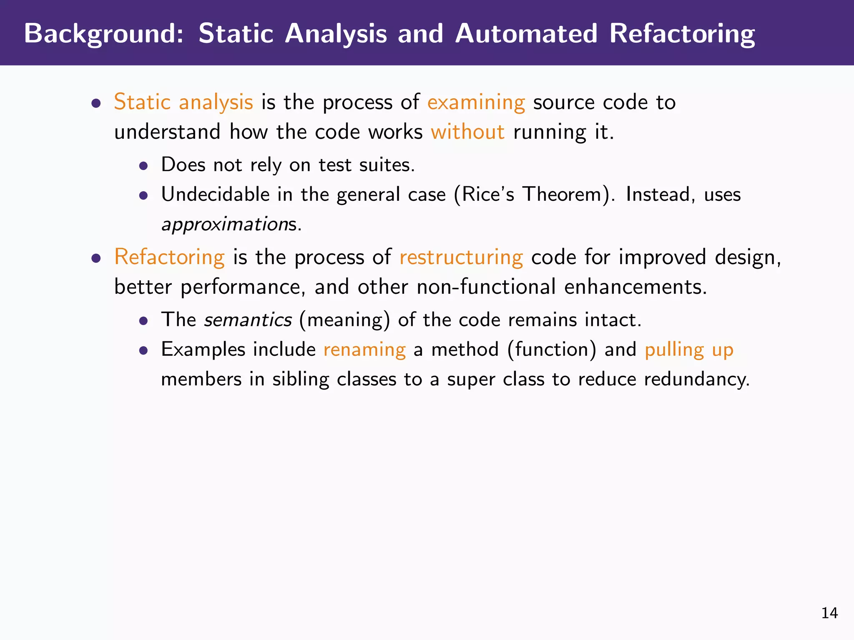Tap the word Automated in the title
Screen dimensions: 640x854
click(x=526, y=33)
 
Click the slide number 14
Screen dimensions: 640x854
click(x=829, y=613)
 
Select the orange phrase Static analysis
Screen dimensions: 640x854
click(x=183, y=102)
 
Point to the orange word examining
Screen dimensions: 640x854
click(x=476, y=102)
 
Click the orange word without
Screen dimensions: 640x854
click(x=467, y=132)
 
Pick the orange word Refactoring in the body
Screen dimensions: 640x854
click(x=169, y=257)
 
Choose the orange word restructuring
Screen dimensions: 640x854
click(x=461, y=257)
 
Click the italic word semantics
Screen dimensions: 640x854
click(x=248, y=320)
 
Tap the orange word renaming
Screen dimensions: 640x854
click(x=364, y=350)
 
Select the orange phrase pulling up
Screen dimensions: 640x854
click(x=689, y=350)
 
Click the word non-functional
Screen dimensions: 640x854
click(x=486, y=287)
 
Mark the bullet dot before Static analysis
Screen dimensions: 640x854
click(x=96, y=103)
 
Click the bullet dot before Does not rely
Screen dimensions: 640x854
click(x=143, y=166)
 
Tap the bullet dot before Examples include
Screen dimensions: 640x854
click(x=143, y=350)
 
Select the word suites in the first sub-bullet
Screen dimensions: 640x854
click(x=387, y=165)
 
